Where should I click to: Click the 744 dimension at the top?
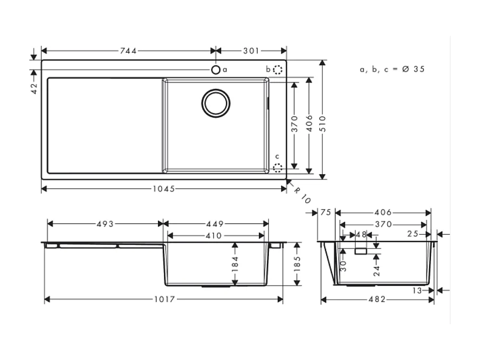pyautogui.click(x=128, y=51)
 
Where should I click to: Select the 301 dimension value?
pyautogui.click(x=251, y=51)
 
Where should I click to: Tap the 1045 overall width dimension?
pyautogui.click(x=164, y=188)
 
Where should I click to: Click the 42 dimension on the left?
pyautogui.click(x=34, y=87)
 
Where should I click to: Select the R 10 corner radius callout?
pyautogui.click(x=302, y=196)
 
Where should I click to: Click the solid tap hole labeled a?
pyautogui.click(x=216, y=69)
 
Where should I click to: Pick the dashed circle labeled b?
pyautogui.click(x=278, y=69)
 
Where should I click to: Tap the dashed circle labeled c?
pyautogui.click(x=278, y=167)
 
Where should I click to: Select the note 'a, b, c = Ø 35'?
pyautogui.click(x=392, y=69)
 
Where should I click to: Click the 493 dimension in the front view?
pyautogui.click(x=105, y=224)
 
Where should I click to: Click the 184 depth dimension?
pyautogui.click(x=235, y=264)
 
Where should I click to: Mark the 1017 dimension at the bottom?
pyautogui.click(x=164, y=299)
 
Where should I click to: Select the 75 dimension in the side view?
pyautogui.click(x=325, y=213)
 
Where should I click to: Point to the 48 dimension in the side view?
pyautogui.click(x=361, y=235)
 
